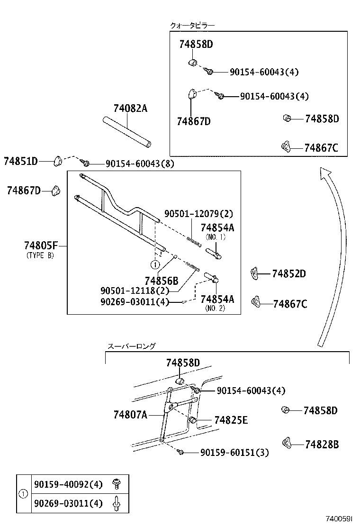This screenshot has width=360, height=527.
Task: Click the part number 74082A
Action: pos(130,109)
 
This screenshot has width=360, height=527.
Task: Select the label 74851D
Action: pos(20,161)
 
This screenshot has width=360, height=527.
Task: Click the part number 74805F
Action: pos(40,245)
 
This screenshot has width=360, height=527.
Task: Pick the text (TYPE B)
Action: pos(40,255)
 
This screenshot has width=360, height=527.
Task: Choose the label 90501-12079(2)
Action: pos(198,214)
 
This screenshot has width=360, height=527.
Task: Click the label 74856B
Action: pos(162,280)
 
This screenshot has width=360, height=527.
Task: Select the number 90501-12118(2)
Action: pos(135,291)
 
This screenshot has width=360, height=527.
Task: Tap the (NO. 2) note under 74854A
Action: pos(216,308)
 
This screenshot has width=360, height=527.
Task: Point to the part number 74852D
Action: pos(289,274)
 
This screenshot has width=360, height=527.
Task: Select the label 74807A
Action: pos(130,415)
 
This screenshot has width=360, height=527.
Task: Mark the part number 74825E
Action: pos(231,420)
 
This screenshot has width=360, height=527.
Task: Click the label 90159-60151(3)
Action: pos(234,453)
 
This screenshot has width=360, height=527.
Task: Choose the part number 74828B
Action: pos(322,445)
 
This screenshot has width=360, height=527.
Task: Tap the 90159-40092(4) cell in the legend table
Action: pos(68,485)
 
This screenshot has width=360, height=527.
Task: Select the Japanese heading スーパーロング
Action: pos(131,346)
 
